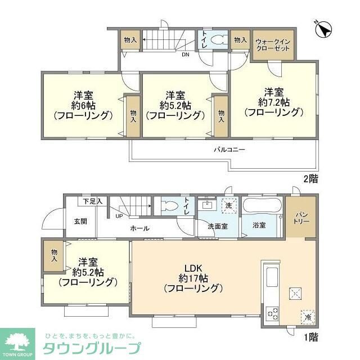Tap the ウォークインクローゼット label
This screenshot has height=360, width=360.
[273, 45]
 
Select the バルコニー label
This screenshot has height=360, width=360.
[229, 150]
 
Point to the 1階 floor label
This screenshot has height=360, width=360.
[310, 337]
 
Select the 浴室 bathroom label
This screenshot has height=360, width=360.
[259, 226]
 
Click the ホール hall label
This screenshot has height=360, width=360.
[139, 228]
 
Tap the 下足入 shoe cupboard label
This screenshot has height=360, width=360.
[92, 201]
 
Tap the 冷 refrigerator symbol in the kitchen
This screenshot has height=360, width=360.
[308, 317]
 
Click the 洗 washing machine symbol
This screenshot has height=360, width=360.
[228, 206]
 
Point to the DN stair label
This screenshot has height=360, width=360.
[185, 55]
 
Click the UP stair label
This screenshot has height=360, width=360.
[119, 215]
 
